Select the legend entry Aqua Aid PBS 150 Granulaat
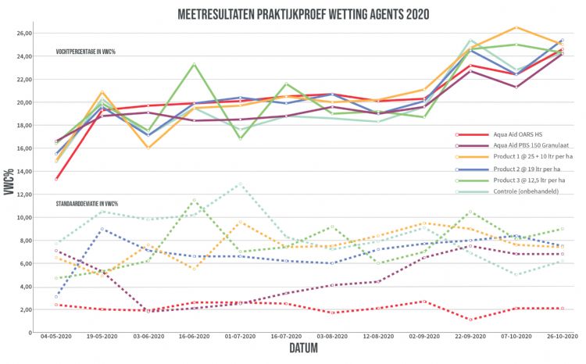point(509,146)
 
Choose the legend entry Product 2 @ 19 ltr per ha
point(505,169)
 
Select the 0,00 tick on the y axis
point(23,332)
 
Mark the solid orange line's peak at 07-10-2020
point(516,27)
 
